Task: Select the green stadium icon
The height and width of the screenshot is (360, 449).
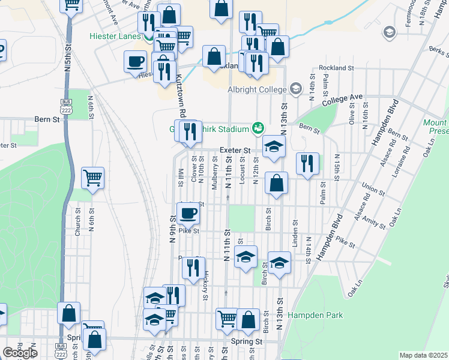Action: click(x=258, y=128)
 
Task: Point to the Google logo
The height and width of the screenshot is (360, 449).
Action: click(x=20, y=353)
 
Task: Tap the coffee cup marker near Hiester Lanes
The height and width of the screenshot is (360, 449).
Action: click(x=135, y=61)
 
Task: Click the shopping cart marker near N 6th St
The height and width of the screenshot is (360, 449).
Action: click(x=92, y=177)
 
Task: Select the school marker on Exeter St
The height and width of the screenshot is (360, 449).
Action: click(x=274, y=146)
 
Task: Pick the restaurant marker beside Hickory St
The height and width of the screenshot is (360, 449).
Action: click(x=193, y=268)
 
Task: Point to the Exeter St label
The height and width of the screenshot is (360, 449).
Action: click(x=235, y=149)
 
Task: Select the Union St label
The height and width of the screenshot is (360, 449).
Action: click(x=373, y=191)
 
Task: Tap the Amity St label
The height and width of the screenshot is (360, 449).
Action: click(x=373, y=223)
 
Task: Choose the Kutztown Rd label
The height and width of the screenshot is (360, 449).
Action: click(x=180, y=95)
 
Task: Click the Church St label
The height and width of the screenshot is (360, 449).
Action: click(x=77, y=221)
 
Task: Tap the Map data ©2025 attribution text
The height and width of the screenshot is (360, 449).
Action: click(x=424, y=355)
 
